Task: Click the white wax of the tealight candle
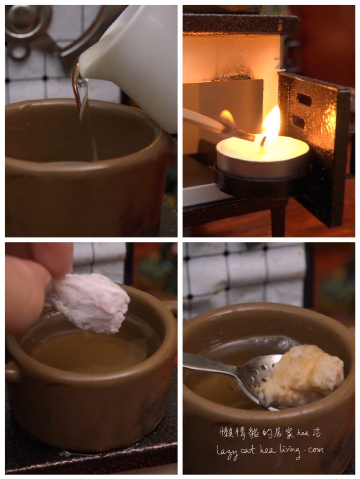[263, 150]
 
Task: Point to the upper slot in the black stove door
[304, 100]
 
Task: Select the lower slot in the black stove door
[298, 122]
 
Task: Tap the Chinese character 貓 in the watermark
[253, 433]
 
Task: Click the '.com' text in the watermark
[314, 450]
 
